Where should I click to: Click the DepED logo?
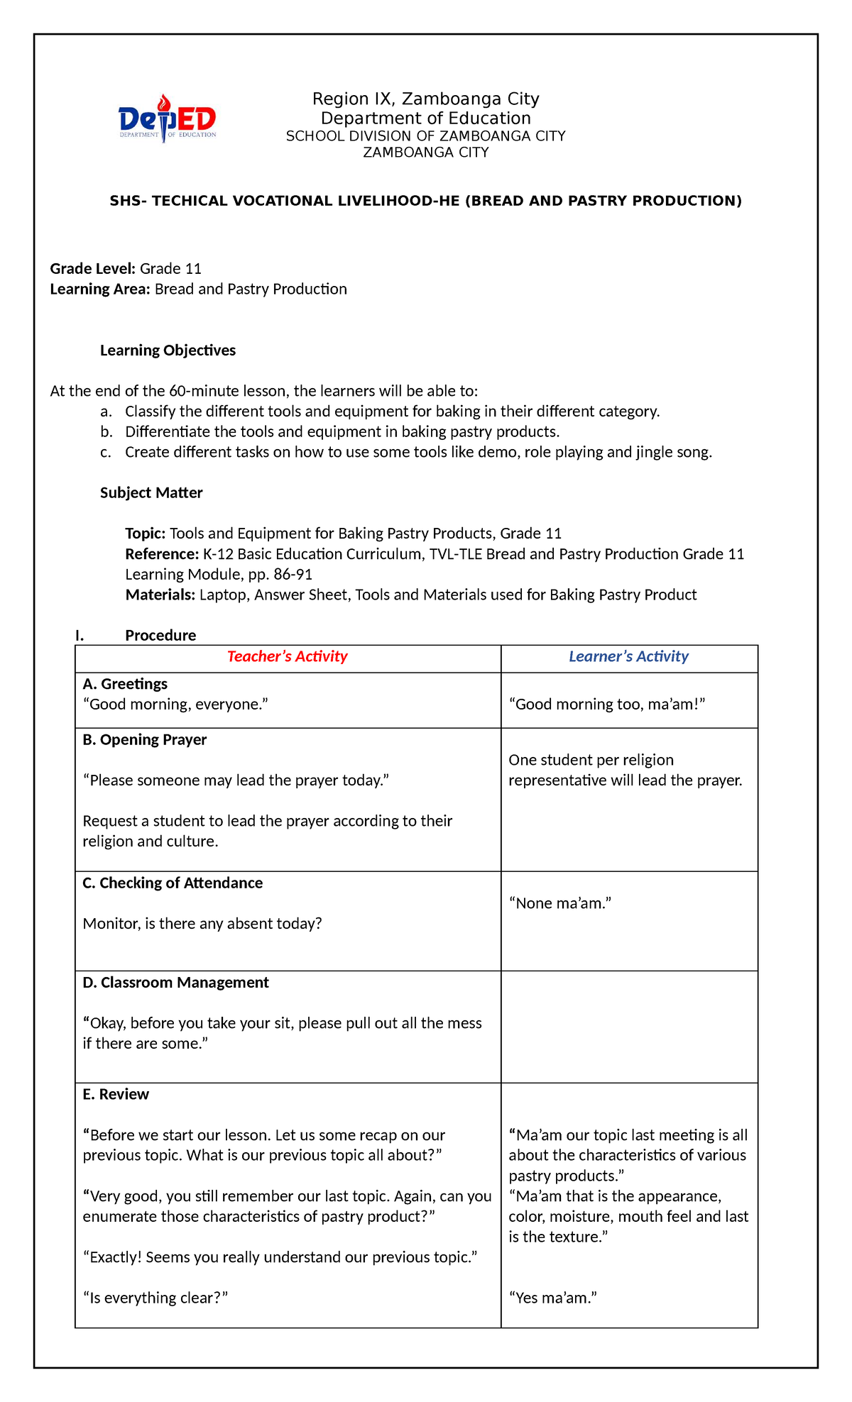[x=168, y=118]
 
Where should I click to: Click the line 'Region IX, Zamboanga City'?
[x=426, y=99]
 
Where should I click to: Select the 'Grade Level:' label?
[x=92, y=269]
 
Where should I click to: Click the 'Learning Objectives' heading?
[x=168, y=350]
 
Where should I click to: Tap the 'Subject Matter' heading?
[x=151, y=493]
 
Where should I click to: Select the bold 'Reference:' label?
[x=162, y=554]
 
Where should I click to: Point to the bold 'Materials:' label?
[x=160, y=595]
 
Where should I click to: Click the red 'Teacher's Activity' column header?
[x=288, y=657]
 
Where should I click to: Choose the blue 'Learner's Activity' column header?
[x=628, y=657]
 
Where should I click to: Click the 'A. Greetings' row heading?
[x=125, y=684]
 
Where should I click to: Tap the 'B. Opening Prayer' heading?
[x=145, y=740]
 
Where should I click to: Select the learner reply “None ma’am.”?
[x=560, y=903]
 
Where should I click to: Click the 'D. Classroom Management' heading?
[x=175, y=983]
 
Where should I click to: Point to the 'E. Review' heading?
[x=116, y=1095]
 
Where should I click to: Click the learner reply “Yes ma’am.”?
[x=553, y=1298]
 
